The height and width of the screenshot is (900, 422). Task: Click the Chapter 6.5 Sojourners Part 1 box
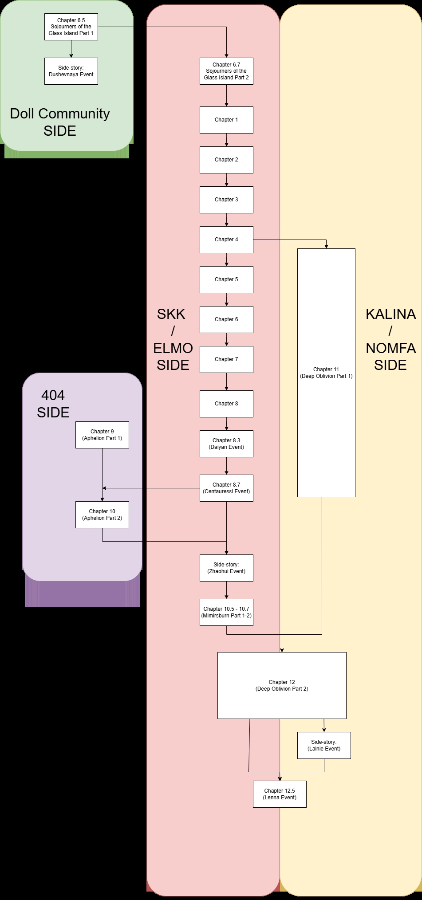click(71, 27)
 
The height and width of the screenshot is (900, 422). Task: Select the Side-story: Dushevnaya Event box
click(71, 71)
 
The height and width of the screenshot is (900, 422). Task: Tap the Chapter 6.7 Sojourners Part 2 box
click(226, 71)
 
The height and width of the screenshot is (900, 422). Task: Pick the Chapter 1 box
click(226, 120)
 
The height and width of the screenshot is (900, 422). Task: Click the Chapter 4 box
click(226, 240)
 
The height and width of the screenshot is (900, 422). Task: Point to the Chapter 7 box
click(226, 359)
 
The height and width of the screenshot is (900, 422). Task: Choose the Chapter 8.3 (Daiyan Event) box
click(226, 444)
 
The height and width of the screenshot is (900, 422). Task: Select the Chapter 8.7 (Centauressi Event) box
click(226, 488)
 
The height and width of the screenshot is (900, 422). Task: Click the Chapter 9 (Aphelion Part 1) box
click(102, 435)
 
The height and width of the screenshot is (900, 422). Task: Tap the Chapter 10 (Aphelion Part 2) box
click(102, 515)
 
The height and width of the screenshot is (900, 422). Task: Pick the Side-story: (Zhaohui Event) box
click(226, 568)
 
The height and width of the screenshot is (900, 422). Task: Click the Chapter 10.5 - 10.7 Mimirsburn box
click(226, 612)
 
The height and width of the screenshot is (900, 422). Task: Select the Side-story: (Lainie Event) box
click(324, 745)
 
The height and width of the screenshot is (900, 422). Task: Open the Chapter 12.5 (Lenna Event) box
click(280, 794)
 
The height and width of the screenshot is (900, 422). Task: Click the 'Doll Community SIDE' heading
click(60, 122)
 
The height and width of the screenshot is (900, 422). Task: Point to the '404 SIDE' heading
click(53, 404)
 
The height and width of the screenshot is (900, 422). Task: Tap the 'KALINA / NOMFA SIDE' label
click(390, 339)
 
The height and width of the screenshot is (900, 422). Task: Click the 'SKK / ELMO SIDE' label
click(173, 339)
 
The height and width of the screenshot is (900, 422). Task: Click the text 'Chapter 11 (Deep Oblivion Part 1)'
click(326, 373)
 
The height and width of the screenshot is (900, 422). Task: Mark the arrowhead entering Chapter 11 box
click(327, 246)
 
